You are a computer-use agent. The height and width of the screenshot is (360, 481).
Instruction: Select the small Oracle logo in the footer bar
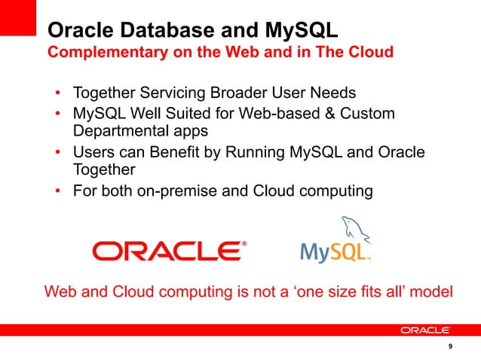click(x=425, y=330)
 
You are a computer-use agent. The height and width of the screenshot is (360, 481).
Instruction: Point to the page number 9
click(x=449, y=346)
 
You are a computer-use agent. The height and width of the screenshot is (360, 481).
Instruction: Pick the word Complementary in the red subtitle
click(x=106, y=53)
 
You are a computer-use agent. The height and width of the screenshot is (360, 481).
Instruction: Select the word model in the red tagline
click(x=430, y=291)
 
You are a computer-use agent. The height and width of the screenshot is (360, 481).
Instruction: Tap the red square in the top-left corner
click(x=18, y=17)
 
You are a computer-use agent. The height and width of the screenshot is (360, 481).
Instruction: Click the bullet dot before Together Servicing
click(x=58, y=94)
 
